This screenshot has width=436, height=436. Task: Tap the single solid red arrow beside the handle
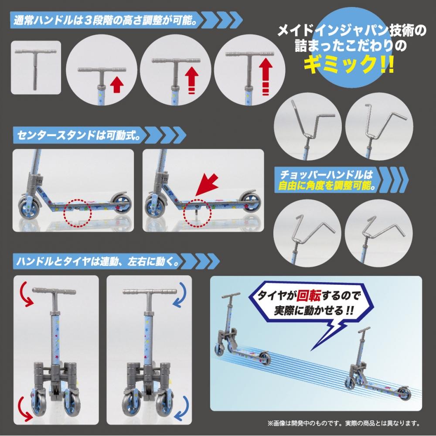[116, 84]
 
